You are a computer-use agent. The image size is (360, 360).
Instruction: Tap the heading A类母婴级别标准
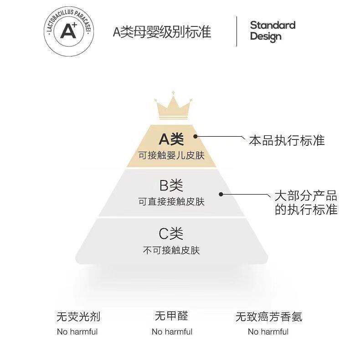[162, 32]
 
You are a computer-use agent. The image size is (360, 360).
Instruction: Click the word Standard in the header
[273, 25]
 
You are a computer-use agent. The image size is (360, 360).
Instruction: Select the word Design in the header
[266, 36]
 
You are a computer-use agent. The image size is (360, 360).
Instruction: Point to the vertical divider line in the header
[237, 31]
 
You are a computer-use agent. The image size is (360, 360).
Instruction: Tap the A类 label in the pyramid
[171, 139]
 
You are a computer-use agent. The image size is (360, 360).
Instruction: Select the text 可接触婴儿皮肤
[171, 155]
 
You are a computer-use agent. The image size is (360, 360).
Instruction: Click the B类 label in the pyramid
[171, 185]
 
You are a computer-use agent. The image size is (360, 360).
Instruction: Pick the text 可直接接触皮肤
[171, 201]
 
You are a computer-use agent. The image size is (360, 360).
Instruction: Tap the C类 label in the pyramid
[171, 234]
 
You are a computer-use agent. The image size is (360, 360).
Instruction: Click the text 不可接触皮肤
[171, 250]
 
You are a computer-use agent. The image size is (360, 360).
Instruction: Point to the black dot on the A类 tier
[195, 136]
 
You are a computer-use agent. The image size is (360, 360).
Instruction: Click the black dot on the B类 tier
[221, 194]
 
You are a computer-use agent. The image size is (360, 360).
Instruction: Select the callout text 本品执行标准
[287, 140]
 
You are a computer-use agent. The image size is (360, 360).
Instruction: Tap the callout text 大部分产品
[306, 196]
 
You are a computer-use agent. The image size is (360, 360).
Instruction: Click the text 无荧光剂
[78, 317]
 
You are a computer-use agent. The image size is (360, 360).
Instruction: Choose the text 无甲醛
[171, 316]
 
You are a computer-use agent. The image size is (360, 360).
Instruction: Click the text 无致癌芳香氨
[269, 317]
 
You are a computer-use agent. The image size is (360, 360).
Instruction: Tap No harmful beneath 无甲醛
[172, 332]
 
